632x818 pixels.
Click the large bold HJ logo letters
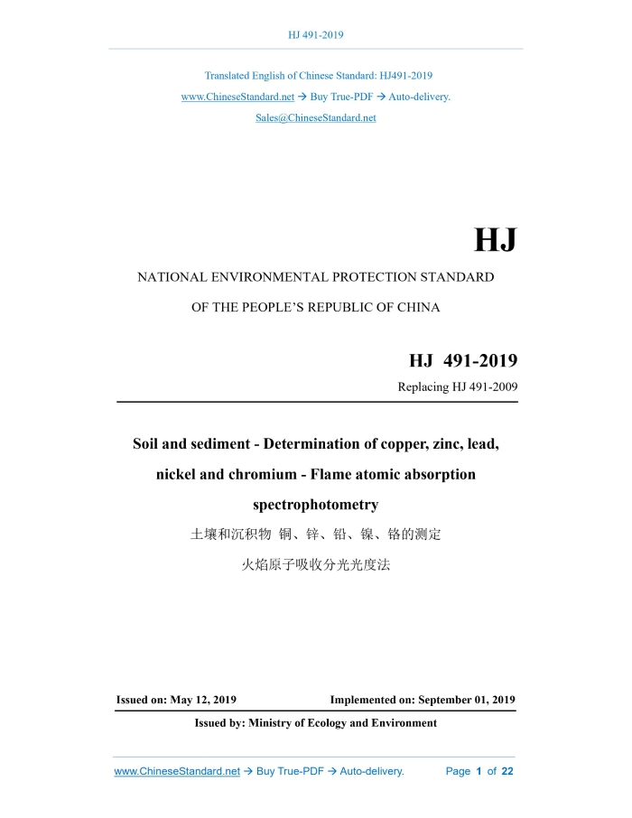[x=496, y=241]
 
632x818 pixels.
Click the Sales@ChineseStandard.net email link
[x=315, y=118]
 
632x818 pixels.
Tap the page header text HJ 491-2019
[x=315, y=35]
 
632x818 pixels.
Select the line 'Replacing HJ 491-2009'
[x=457, y=387]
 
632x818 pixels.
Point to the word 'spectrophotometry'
[x=315, y=504]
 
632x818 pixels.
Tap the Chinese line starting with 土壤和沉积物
[x=315, y=534]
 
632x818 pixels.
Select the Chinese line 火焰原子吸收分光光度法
[x=315, y=566]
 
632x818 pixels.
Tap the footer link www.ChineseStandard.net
[x=177, y=772]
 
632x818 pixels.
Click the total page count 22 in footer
[x=507, y=772]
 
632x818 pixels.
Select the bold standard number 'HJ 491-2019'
[x=462, y=361]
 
